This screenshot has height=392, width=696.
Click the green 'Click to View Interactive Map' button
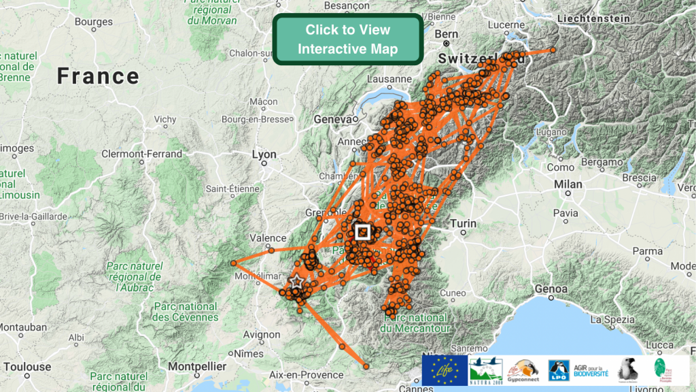tap(347, 39)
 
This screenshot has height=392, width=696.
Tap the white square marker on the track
tap(362, 231)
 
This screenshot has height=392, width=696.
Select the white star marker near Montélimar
tap(296, 280)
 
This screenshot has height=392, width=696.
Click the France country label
tap(98, 76)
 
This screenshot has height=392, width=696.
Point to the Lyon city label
tap(264, 154)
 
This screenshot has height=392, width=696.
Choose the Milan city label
tap(568, 184)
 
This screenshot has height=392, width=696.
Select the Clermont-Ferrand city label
tap(141, 154)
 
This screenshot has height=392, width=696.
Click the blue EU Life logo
tap(445, 370)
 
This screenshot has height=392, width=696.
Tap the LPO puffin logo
tap(559, 370)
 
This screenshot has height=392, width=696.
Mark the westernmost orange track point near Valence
tap(233, 263)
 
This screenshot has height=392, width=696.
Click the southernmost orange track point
tap(366, 367)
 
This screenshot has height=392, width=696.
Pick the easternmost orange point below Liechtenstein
tap(553, 50)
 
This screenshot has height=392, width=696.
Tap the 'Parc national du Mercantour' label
tap(415, 323)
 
